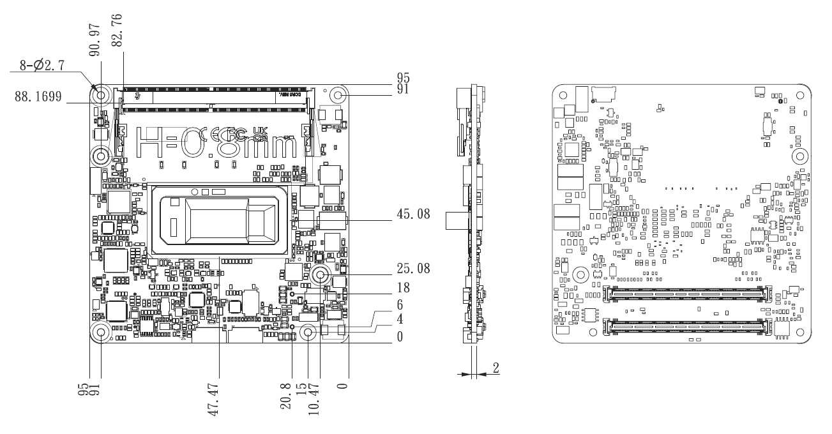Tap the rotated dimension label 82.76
pyautogui.click(x=117, y=29)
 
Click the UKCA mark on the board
pyautogui.click(x=259, y=135)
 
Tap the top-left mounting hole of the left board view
pyautogui.click(x=100, y=94)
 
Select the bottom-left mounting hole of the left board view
pyautogui.click(x=101, y=333)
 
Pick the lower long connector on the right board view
pyautogui.click(x=686, y=327)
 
